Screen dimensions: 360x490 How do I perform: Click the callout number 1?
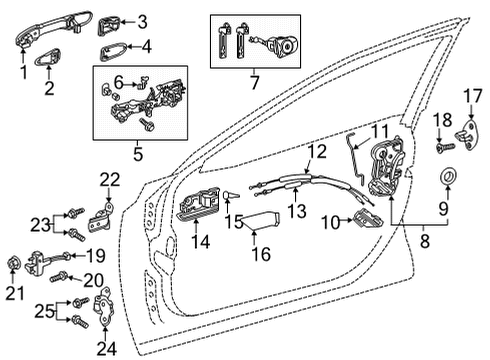23,72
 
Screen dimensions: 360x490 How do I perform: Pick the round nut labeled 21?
14,264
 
